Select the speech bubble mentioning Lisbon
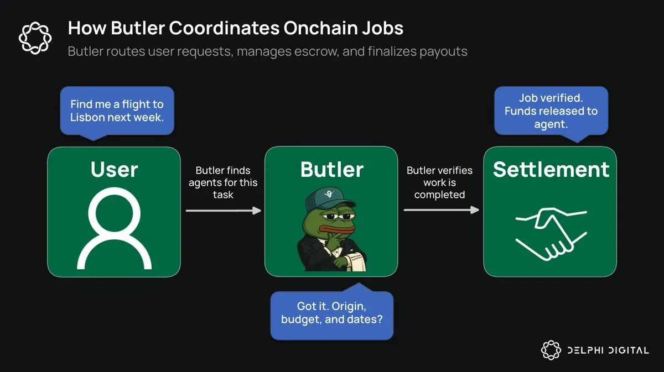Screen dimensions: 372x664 click(x=117, y=110)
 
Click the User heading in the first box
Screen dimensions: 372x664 click(x=114, y=170)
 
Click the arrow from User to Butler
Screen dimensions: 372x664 click(x=222, y=210)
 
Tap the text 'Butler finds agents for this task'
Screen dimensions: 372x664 click(x=222, y=182)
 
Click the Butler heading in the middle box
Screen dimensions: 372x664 click(x=331, y=170)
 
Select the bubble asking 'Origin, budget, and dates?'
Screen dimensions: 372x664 click(x=331, y=312)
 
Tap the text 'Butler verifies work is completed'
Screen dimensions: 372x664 click(x=439, y=182)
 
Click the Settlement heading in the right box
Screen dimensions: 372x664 click(x=551, y=170)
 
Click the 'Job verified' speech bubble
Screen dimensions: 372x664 click(x=551, y=111)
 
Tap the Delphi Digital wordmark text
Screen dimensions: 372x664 click(x=608, y=350)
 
